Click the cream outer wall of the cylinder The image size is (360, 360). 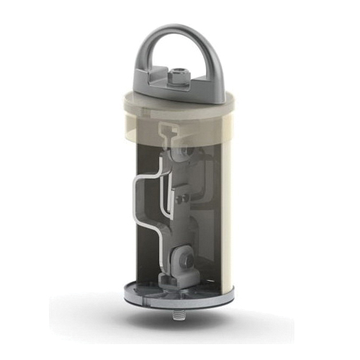click(x=225, y=216)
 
